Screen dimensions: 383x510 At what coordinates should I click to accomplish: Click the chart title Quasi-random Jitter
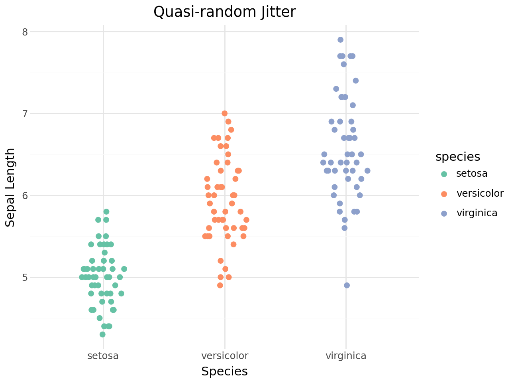224,12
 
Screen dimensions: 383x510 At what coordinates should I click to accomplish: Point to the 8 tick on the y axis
25,32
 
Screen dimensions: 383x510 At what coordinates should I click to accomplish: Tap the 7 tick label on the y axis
25,113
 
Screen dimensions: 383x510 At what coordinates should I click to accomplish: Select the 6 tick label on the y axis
25,195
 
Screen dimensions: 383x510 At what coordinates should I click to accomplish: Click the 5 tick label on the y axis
25,277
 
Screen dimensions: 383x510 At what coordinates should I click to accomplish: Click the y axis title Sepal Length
10,187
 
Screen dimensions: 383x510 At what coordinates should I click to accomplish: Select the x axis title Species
224,371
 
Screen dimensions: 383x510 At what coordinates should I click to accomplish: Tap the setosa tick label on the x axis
103,355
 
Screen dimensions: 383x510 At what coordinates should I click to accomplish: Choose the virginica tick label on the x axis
346,355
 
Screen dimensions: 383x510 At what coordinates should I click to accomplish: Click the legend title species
458,157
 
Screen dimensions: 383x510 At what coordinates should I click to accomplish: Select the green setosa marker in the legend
444,174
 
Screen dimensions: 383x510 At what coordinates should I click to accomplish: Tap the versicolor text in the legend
480,193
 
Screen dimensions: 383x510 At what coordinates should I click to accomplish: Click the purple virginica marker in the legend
444,213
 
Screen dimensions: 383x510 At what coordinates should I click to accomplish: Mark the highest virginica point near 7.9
340,39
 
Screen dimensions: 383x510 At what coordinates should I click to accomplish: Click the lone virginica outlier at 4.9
347,285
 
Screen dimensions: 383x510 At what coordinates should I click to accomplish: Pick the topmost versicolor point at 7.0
224,113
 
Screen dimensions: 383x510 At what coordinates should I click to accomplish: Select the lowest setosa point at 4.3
102,334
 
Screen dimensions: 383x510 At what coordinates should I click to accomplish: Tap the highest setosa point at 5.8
106,211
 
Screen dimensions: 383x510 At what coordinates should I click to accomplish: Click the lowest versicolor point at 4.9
220,285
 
